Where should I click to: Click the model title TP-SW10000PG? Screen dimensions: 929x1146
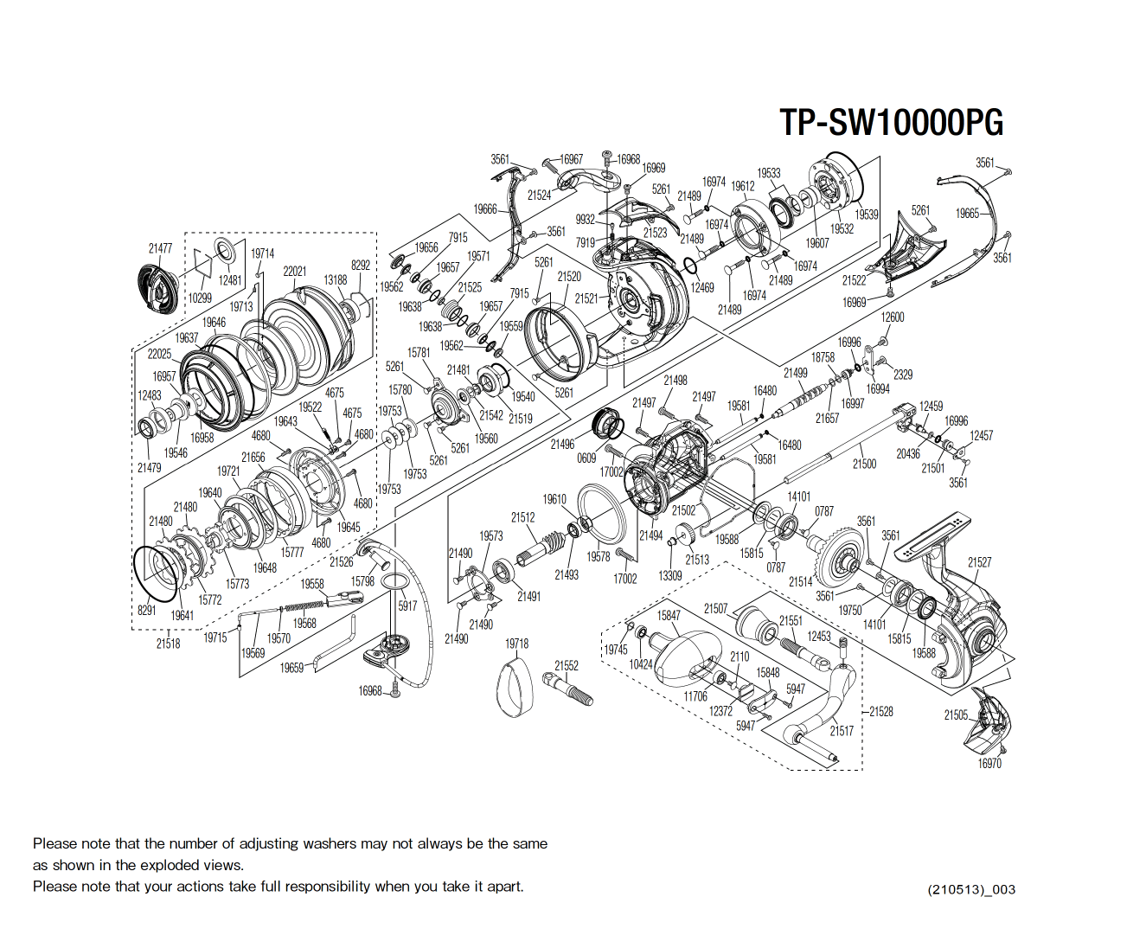click(x=891, y=123)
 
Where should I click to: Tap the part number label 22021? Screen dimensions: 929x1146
click(x=294, y=271)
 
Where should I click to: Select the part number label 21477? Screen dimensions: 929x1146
click(x=160, y=248)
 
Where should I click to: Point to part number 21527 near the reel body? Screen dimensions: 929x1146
click(x=979, y=562)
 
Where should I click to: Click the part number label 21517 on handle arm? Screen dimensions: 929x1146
click(x=841, y=731)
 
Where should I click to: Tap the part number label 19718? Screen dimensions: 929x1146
click(x=516, y=644)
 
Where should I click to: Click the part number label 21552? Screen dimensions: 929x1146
click(x=567, y=665)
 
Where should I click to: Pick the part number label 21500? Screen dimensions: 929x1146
click(x=864, y=464)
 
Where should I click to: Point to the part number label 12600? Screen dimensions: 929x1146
click(x=893, y=317)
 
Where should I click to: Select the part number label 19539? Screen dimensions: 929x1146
click(x=867, y=215)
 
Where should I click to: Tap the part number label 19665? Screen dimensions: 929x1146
click(x=967, y=214)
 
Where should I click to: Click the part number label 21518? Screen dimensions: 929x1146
click(x=168, y=643)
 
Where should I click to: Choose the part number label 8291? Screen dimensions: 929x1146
click(x=147, y=610)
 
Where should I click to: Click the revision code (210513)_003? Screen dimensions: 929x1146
click(x=971, y=889)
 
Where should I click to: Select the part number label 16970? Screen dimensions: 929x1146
click(x=989, y=763)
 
